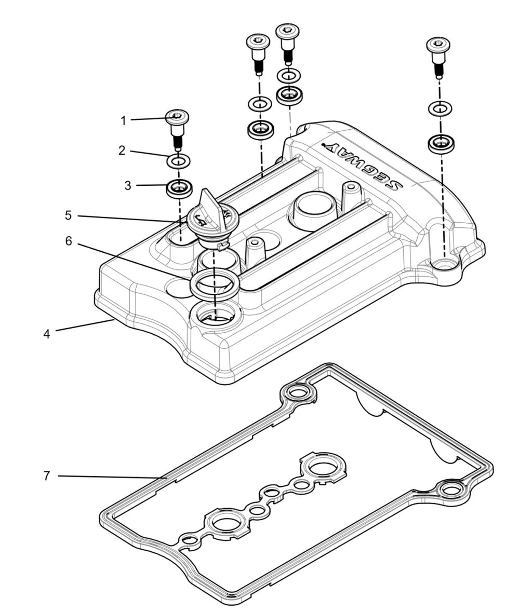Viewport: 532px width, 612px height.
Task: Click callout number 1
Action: click(x=123, y=120)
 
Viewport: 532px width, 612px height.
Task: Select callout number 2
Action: click(x=122, y=151)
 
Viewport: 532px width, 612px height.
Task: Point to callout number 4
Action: click(x=47, y=334)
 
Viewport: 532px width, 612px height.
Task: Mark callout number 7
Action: click(x=47, y=475)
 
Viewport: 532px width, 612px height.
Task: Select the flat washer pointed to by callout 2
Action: click(x=178, y=160)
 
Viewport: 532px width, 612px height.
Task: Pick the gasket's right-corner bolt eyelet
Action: click(x=450, y=489)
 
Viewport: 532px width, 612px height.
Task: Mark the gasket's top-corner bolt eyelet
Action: click(x=298, y=393)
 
